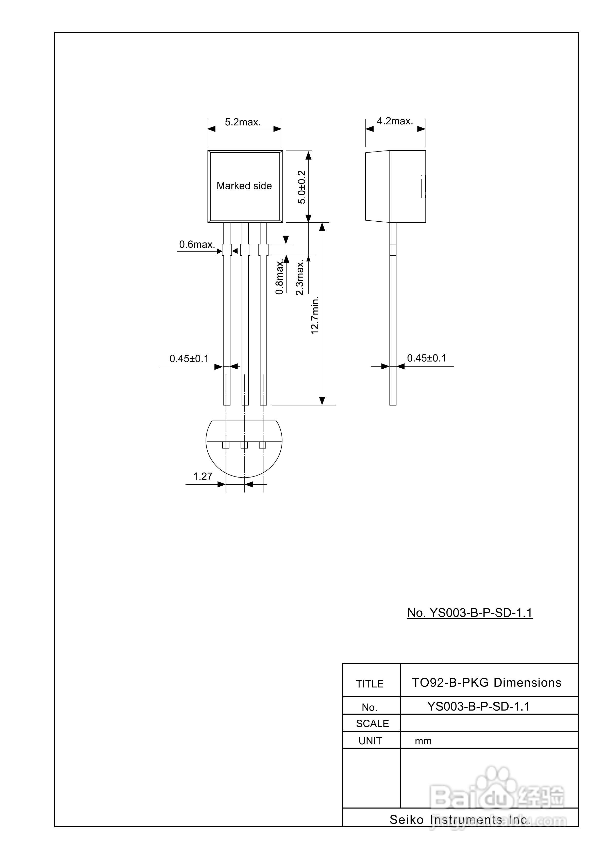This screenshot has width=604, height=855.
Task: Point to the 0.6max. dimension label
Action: click(197, 244)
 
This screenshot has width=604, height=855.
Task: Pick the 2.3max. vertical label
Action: click(300, 277)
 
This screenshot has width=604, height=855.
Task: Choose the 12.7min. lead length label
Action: click(315, 315)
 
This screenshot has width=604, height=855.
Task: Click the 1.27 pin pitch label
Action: click(203, 476)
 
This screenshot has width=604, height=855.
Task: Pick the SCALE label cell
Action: click(372, 724)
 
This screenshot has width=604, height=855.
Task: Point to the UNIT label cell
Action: click(370, 741)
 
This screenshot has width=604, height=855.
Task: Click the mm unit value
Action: click(423, 741)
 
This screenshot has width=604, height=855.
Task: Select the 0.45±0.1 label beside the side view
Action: click(426, 358)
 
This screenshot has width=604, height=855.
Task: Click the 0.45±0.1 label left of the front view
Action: click(189, 359)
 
